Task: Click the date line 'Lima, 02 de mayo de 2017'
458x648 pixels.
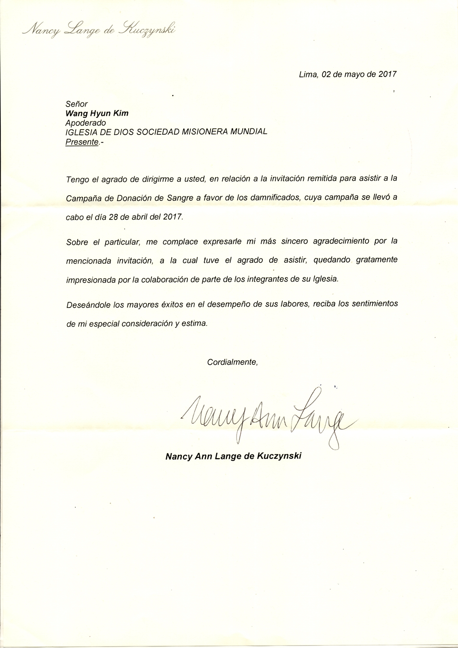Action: [347, 75]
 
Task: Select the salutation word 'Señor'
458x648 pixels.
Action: [77, 104]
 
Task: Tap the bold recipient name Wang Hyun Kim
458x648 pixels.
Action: [97, 113]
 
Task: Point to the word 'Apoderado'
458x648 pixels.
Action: [86, 123]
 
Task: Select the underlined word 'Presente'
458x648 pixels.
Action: [82, 142]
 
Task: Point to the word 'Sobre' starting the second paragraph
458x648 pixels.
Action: [77, 242]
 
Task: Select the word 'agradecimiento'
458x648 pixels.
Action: [336, 241]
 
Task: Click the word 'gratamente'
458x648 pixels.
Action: [377, 260]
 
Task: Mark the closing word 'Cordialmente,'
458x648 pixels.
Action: [232, 362]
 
